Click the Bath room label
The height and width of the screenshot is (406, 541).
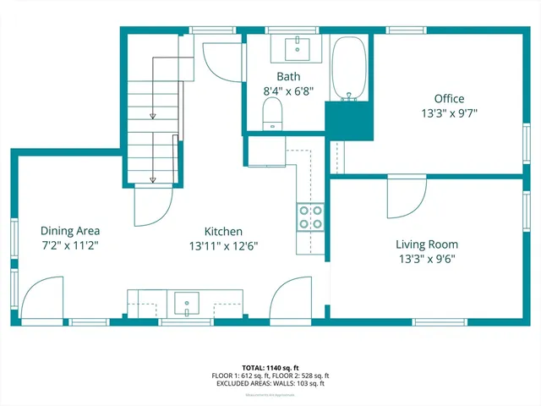[283, 77]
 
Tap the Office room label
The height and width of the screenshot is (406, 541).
[449, 99]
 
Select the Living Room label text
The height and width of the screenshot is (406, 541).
[427, 244]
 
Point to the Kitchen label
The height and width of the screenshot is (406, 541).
[224, 231]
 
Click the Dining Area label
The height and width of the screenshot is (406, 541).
[70, 230]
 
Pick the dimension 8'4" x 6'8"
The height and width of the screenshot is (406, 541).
[283, 91]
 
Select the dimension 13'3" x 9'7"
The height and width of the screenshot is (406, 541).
[449, 113]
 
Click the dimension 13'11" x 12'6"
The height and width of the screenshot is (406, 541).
[224, 246]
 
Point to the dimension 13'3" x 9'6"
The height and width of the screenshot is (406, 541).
[427, 259]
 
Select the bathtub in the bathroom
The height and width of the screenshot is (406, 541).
[347, 69]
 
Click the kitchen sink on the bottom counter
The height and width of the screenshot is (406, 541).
[186, 302]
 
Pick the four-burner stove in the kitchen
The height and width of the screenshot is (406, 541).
[310, 217]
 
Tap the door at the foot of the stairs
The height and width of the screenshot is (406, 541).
[153, 206]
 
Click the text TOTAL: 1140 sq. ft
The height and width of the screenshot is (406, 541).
[270, 367]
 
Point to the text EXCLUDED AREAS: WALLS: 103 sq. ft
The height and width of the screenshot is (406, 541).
[270, 383]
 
